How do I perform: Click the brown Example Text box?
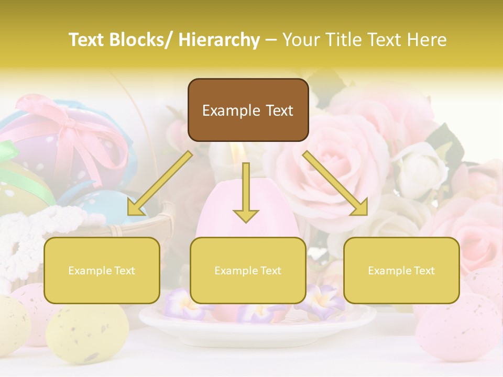coord(248,110)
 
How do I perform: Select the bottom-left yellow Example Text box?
coord(102,270)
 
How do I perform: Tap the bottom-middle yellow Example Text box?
coord(248,270)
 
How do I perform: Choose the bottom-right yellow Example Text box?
coord(401,270)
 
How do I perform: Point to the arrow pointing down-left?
coord(159,183)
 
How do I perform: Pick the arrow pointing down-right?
coord(335,183)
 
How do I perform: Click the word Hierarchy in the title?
coord(219,40)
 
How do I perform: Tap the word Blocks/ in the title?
coord(144,40)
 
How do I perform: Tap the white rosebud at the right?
coord(419,168)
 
